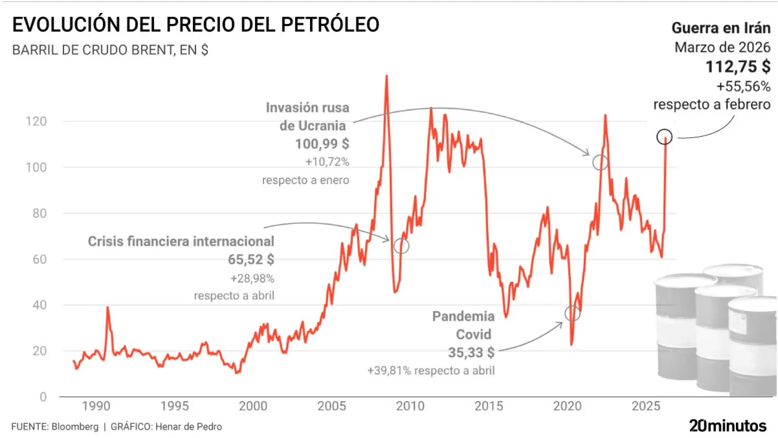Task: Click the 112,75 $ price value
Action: [x=737, y=67]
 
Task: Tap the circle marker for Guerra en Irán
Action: [x=665, y=137]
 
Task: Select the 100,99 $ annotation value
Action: [x=322, y=144]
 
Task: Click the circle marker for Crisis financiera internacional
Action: [x=401, y=246]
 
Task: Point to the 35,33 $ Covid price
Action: [x=471, y=352]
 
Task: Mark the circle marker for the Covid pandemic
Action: [x=572, y=313]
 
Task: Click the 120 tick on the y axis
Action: [x=36, y=121]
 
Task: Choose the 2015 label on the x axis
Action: [x=489, y=406]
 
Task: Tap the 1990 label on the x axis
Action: [x=96, y=406]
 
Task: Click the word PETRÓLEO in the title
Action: [x=330, y=25]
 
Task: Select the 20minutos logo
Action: [x=728, y=426]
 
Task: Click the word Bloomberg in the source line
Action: [x=75, y=427]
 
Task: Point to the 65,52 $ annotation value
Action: [x=251, y=260]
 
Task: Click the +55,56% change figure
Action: [x=743, y=86]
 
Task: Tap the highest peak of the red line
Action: [x=386, y=76]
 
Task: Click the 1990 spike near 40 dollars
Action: [x=107, y=307]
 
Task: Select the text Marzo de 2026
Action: [x=722, y=47]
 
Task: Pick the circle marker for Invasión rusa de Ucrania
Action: [x=600, y=163]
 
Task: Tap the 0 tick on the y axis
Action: [x=43, y=397]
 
